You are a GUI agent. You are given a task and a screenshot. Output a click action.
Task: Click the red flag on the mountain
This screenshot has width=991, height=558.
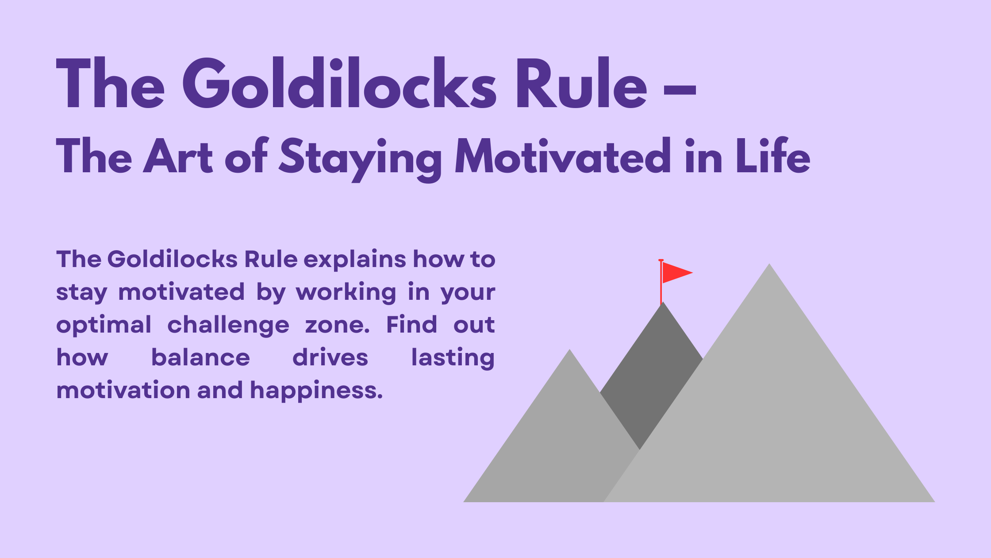(x=675, y=272)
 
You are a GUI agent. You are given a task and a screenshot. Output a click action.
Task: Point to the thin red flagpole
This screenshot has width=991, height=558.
(x=661, y=288)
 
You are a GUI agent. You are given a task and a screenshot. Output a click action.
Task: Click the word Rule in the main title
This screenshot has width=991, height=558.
(x=581, y=84)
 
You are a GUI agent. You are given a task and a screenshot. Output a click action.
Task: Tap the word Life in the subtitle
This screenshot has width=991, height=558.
(x=772, y=156)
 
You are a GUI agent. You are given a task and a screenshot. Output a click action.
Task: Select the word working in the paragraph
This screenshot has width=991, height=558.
(x=346, y=293)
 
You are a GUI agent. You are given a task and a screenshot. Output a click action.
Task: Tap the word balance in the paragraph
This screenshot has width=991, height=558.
(x=200, y=358)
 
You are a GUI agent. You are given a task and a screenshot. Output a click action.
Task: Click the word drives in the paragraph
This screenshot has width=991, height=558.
(x=330, y=358)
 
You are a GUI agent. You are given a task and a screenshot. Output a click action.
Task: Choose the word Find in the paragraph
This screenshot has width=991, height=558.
(x=411, y=325)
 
